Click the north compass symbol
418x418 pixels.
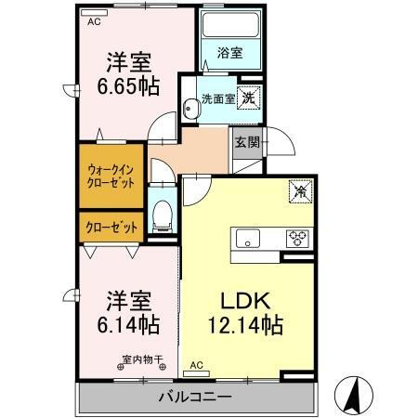click(354, 396)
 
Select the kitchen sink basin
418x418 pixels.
click(248, 239)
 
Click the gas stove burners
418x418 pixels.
click(297, 239)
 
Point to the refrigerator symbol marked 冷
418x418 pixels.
click(300, 191)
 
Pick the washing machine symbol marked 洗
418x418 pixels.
click(249, 98)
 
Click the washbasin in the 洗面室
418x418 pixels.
click(189, 109)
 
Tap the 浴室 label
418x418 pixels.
click(229, 53)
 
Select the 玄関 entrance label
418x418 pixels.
click(247, 142)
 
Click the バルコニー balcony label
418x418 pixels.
click(195, 397)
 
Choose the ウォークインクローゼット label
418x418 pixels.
click(111, 176)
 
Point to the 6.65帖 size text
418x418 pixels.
click(128, 86)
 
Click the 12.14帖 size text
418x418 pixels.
click(246, 325)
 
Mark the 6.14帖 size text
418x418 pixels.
click(128, 324)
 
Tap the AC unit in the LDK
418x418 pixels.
click(196, 373)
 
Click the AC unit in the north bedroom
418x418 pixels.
click(94, 13)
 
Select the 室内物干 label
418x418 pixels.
click(142, 359)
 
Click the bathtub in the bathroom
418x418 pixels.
click(230, 25)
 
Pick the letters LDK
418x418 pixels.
click(245, 300)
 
